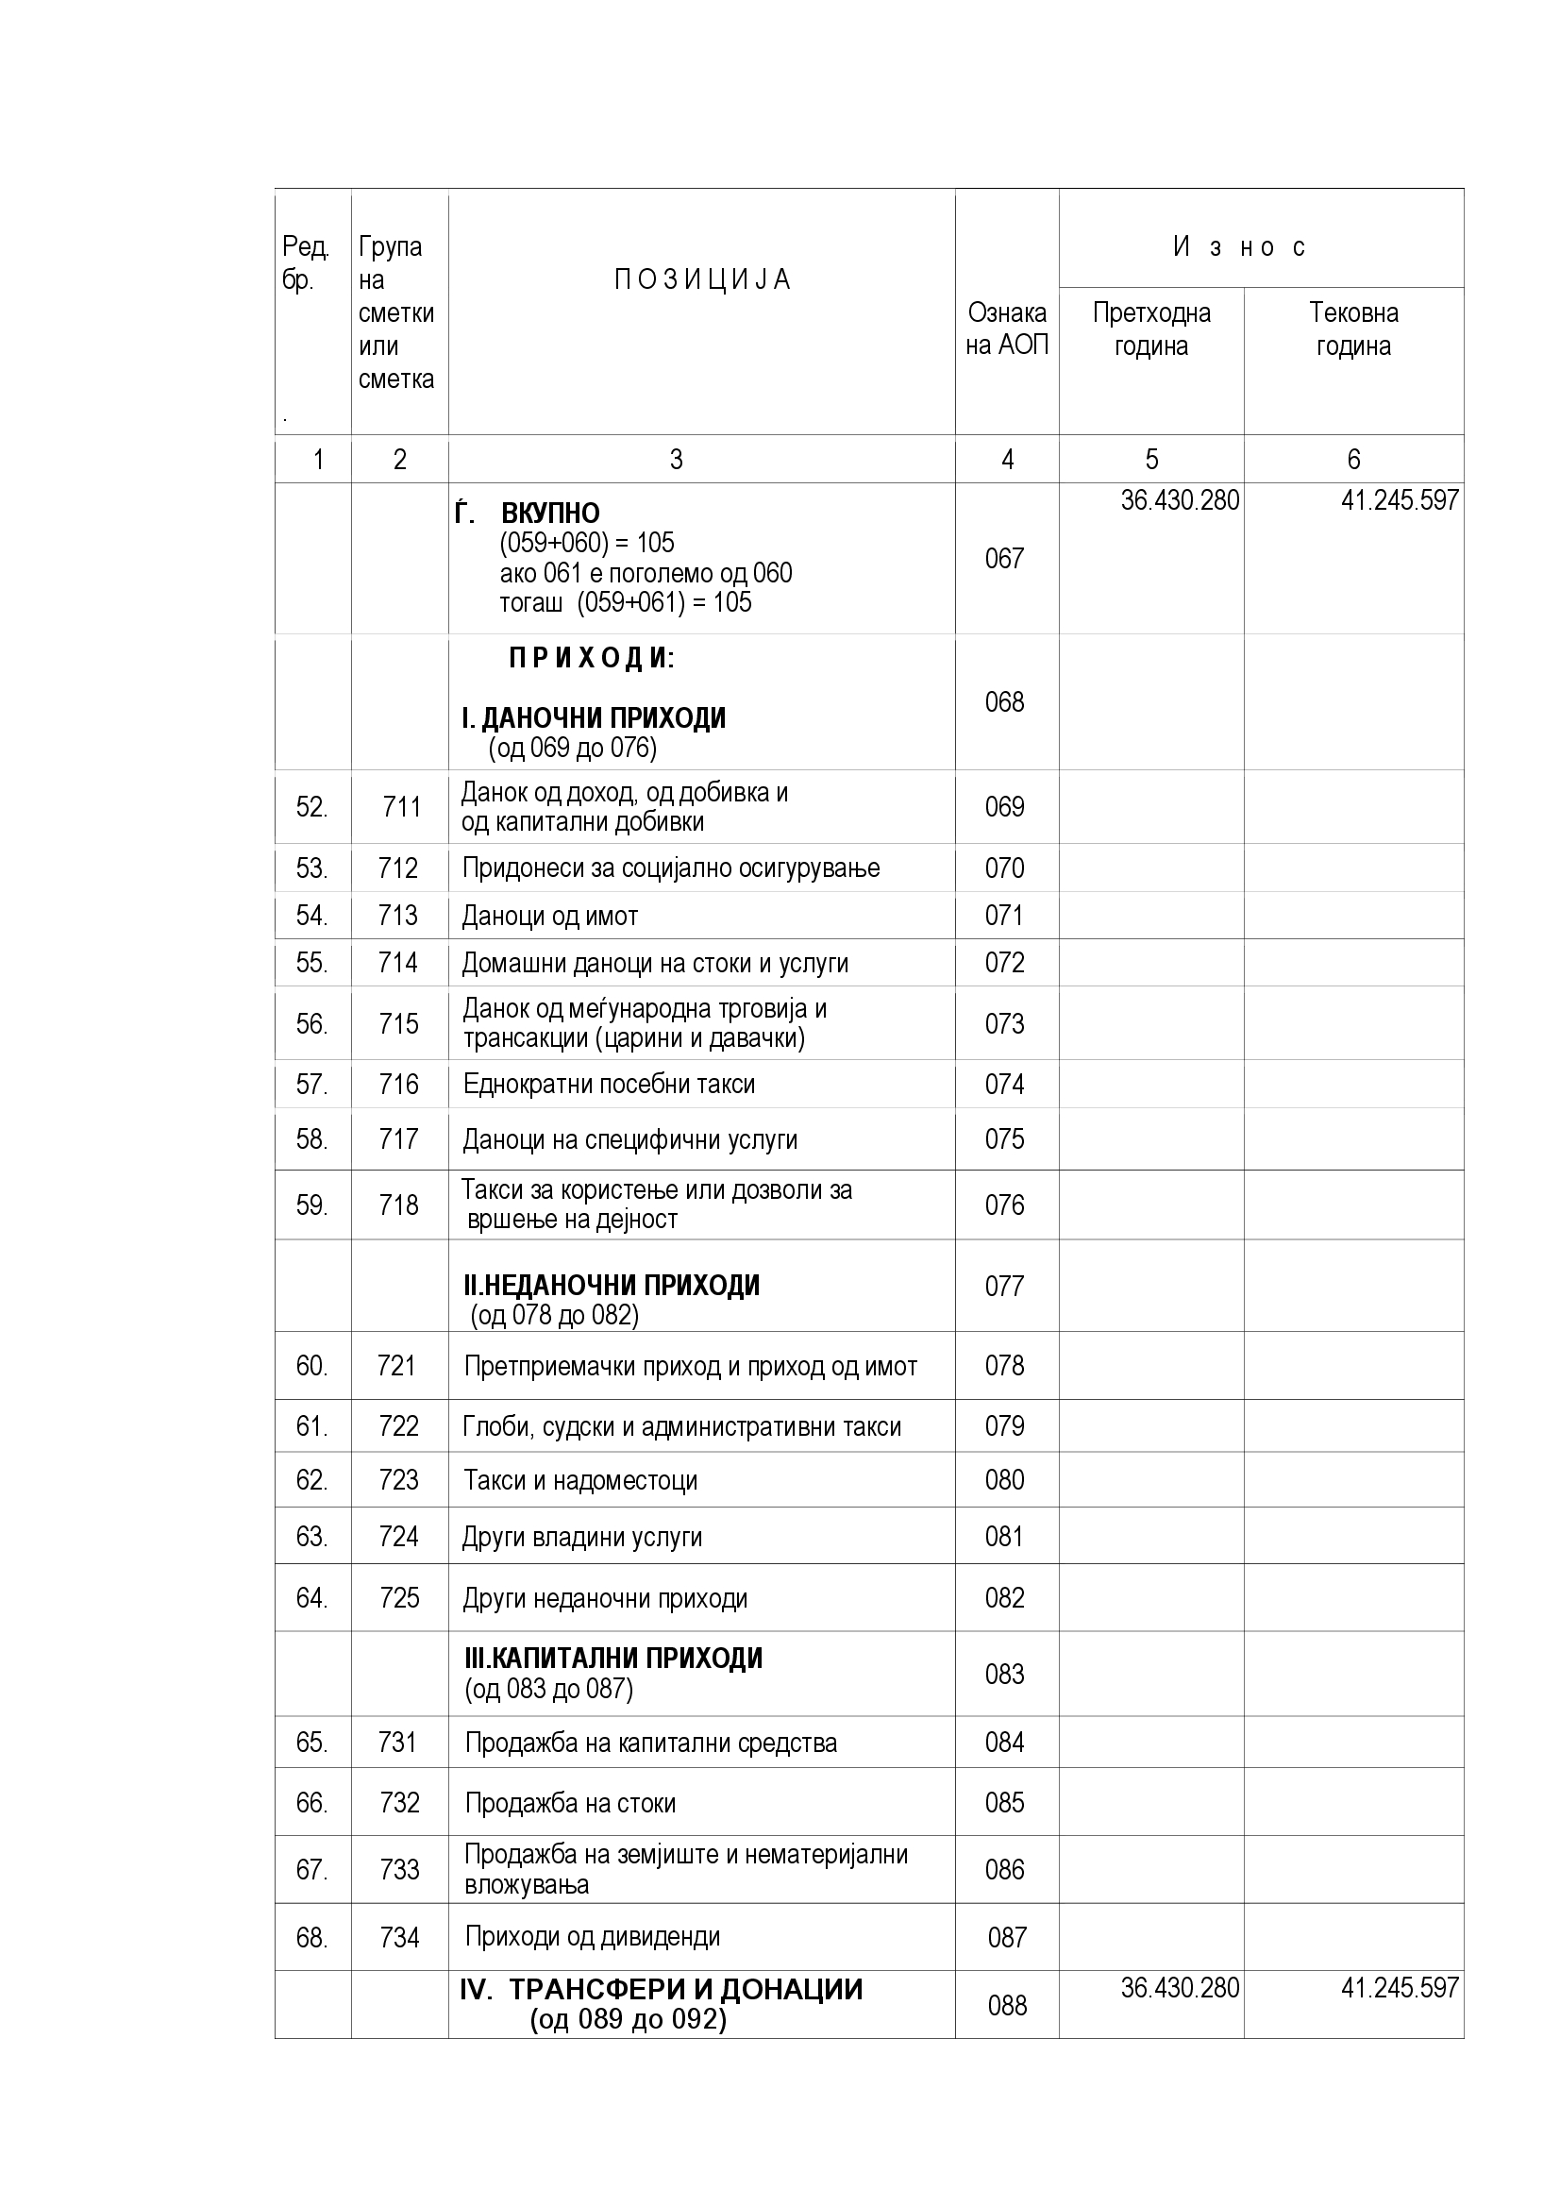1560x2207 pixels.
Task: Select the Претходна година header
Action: pyautogui.click(x=1151, y=329)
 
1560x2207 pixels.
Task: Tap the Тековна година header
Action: pyautogui.click(x=1353, y=329)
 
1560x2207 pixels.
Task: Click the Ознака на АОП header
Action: pyautogui.click(x=1007, y=329)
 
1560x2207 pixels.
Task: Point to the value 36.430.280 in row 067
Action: pyautogui.click(x=1180, y=501)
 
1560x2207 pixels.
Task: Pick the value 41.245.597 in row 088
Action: pyautogui.click(x=1400, y=1988)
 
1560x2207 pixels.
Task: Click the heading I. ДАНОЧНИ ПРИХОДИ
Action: pyautogui.click(x=594, y=718)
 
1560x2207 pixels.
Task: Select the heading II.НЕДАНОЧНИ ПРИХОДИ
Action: pyautogui.click(x=612, y=1285)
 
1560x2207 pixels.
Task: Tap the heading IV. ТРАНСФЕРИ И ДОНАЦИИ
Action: pyautogui.click(x=662, y=1989)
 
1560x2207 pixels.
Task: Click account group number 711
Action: pyautogui.click(x=402, y=806)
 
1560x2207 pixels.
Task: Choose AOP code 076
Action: pyautogui.click(x=1004, y=1205)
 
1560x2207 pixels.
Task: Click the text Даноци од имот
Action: pyautogui.click(x=550, y=916)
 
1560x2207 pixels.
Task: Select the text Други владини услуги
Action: pyautogui.click(x=582, y=1537)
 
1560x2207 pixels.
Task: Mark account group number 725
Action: pyautogui.click(x=399, y=1597)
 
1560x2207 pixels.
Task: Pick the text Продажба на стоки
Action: pyautogui.click(x=570, y=1803)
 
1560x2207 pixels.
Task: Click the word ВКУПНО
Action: pyautogui.click(x=551, y=514)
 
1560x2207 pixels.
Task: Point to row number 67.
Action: pyautogui.click(x=311, y=1870)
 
